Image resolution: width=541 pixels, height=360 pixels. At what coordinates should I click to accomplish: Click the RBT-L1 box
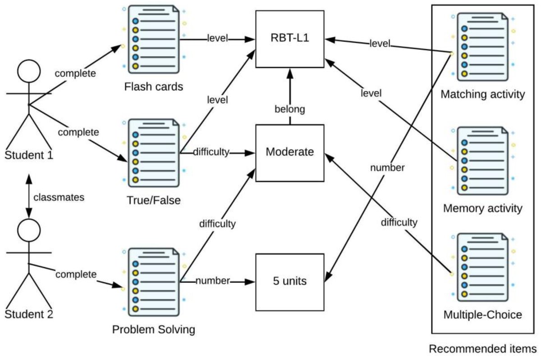(290, 39)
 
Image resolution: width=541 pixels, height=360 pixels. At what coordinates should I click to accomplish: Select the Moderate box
(290, 152)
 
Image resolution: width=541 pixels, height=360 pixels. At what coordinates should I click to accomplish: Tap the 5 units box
(290, 282)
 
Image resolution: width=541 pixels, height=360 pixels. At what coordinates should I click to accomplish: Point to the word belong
(290, 109)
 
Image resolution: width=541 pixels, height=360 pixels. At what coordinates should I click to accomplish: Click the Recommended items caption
(482, 349)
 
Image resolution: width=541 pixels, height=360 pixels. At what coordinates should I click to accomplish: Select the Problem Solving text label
(154, 329)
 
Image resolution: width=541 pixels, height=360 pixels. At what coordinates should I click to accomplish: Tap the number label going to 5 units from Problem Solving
(212, 281)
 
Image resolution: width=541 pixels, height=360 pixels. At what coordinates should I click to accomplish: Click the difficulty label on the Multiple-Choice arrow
(399, 222)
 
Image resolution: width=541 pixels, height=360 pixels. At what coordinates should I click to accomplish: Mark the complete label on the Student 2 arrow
(76, 274)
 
